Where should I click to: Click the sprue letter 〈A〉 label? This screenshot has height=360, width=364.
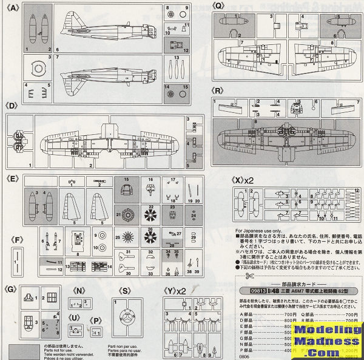pyautogui.click(x=12, y=8)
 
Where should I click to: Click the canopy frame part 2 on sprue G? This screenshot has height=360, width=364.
pyautogui.click(x=51, y=298)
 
